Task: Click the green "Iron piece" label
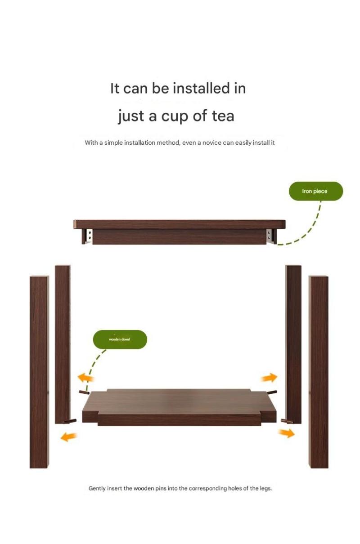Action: pyautogui.click(x=316, y=191)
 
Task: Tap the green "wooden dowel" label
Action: pyautogui.click(x=120, y=339)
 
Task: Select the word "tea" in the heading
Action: pyautogui.click(x=223, y=116)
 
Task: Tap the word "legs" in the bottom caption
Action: pyautogui.click(x=265, y=488)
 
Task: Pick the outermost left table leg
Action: pyautogui.click(x=40, y=372)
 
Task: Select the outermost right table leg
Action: pyautogui.click(x=319, y=372)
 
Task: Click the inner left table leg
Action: pyautogui.click(x=63, y=344)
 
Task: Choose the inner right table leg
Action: pyautogui.click(x=294, y=344)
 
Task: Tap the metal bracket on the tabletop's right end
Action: pyautogui.click(x=270, y=236)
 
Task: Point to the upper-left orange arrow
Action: pyautogui.click(x=85, y=378)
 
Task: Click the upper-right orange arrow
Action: pyautogui.click(x=269, y=378)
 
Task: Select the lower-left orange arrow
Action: pyautogui.click(x=69, y=437)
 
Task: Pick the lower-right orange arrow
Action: pyautogui.click(x=286, y=433)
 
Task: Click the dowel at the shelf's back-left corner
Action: pyautogui.click(x=84, y=392)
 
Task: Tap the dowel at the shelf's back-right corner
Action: pyautogui.click(x=271, y=392)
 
